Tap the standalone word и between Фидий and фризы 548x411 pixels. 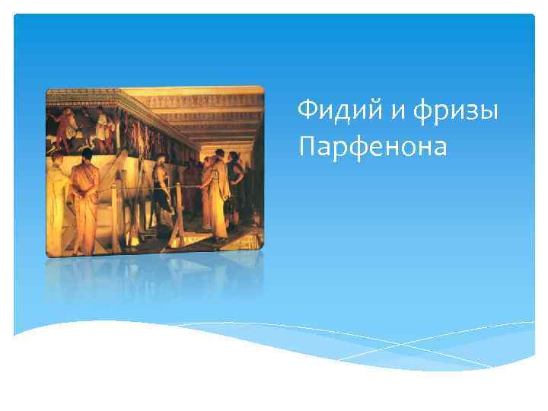(399, 111)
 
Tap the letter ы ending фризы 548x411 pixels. (490, 112)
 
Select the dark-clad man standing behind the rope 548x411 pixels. (162, 190)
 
